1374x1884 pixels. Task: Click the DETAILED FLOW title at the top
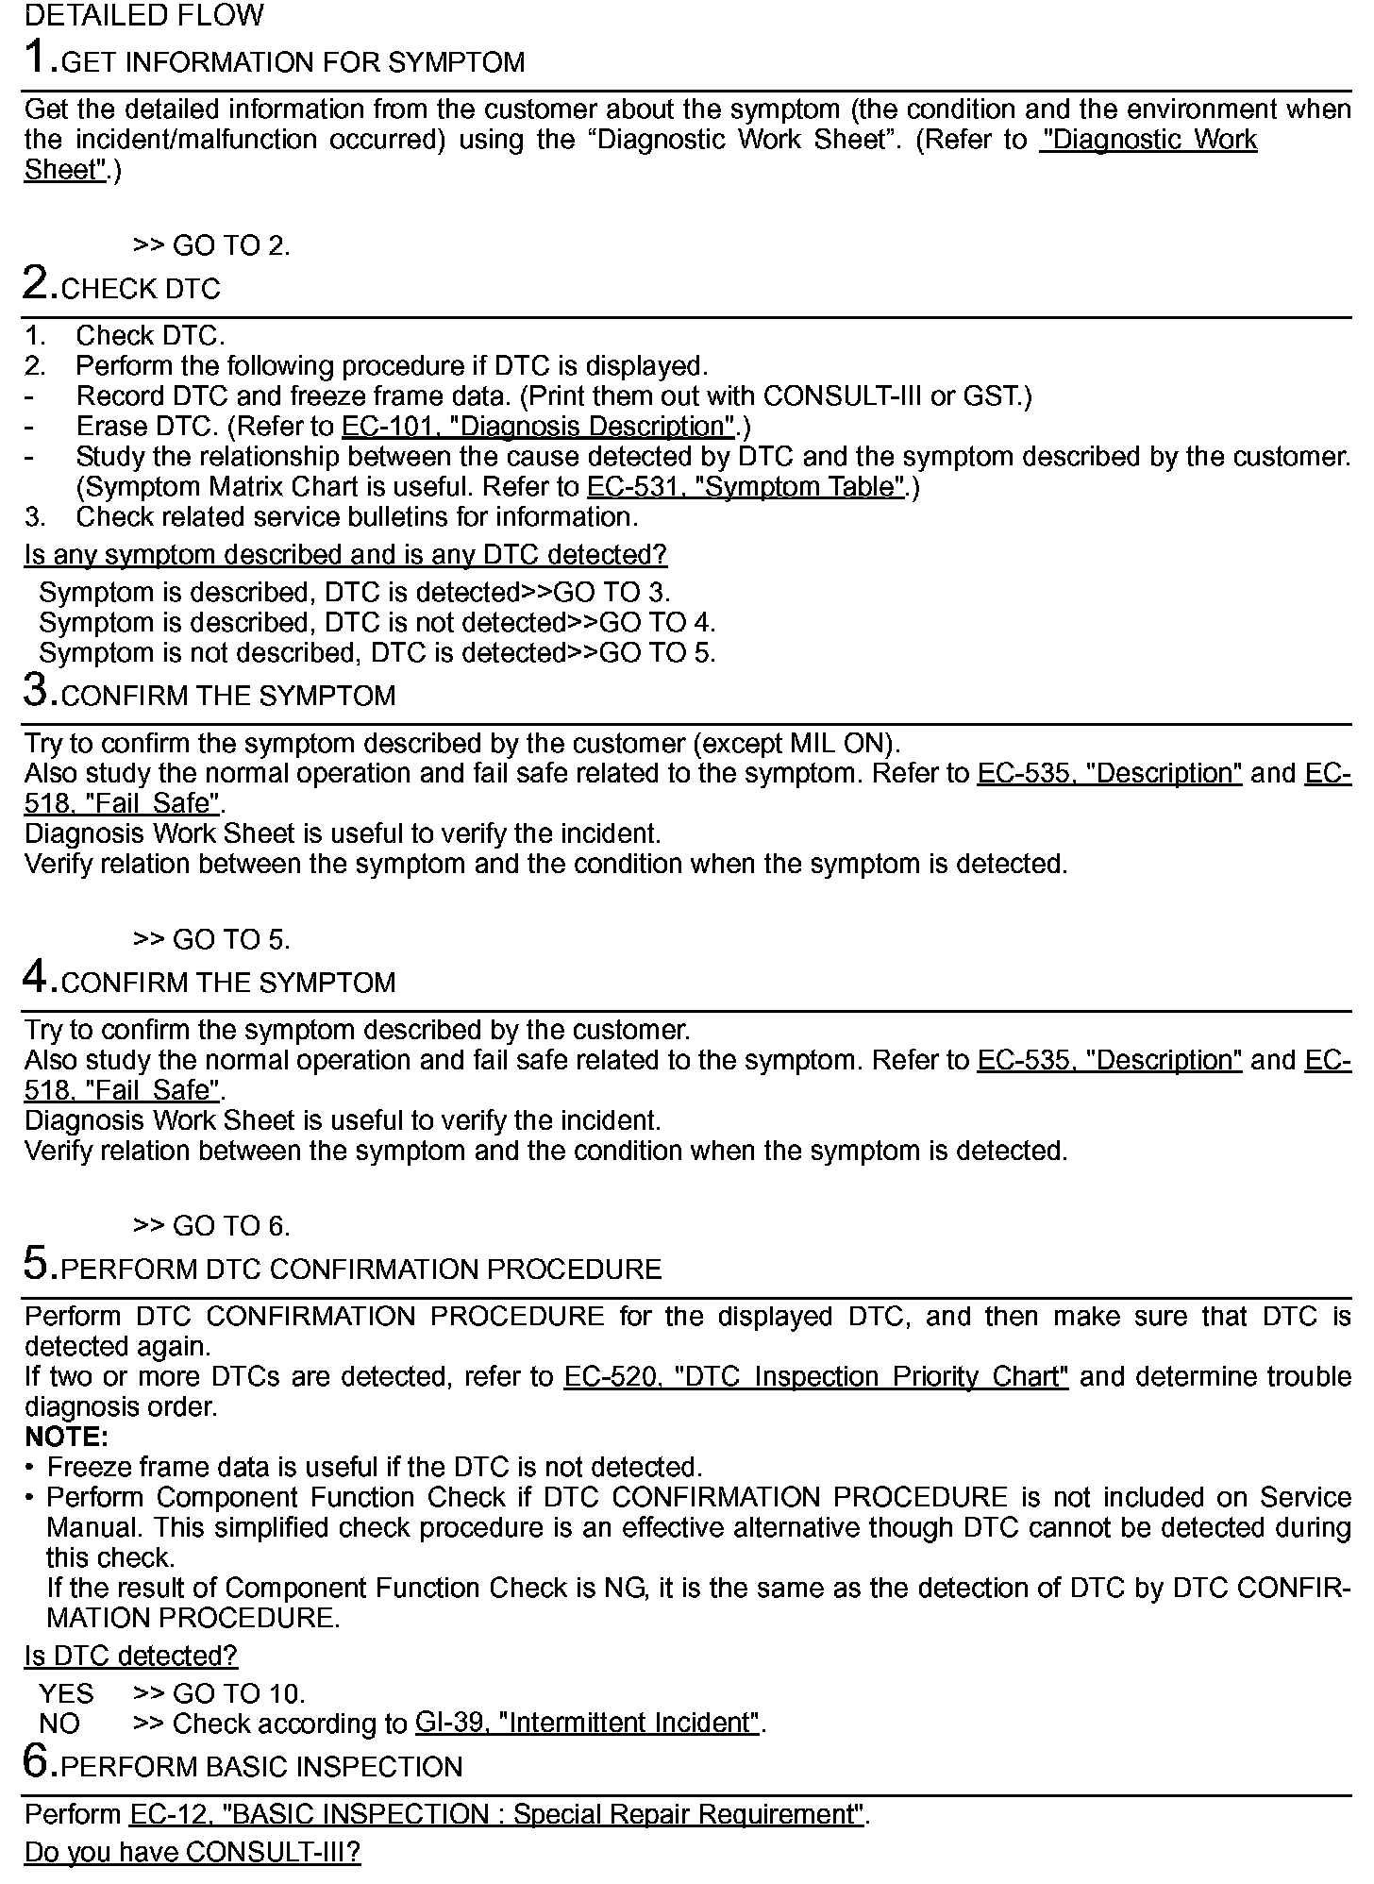tap(144, 16)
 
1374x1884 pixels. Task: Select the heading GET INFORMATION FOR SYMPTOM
tap(293, 63)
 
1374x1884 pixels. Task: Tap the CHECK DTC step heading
tap(141, 289)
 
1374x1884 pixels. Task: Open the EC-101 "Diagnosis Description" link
tap(538, 427)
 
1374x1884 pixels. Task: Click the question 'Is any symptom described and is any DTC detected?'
tap(345, 555)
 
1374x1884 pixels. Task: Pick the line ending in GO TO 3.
tap(355, 593)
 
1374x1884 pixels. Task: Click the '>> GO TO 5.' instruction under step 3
tap(211, 940)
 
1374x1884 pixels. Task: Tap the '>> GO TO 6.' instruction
tap(211, 1226)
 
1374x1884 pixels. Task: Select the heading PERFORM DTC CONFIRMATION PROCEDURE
tap(361, 1270)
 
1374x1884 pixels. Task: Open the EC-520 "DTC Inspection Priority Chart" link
tap(816, 1377)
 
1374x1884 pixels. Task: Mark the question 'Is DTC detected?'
tap(131, 1656)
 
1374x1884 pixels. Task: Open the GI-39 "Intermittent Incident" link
tap(587, 1724)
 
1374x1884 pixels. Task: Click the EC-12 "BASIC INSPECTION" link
tap(497, 1814)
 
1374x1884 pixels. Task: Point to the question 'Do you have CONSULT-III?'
tap(193, 1852)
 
